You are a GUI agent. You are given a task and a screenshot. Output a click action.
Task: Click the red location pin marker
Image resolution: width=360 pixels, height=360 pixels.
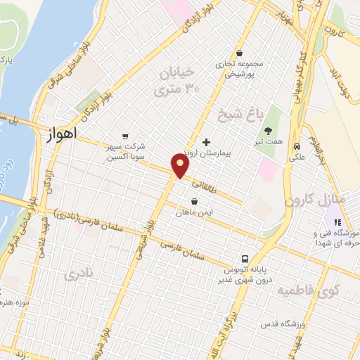point(181,165)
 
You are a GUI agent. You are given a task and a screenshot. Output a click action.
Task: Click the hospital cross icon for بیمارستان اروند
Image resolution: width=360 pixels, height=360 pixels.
point(205,142)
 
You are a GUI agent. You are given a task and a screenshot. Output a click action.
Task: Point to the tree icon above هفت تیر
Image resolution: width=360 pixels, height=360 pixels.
point(269,130)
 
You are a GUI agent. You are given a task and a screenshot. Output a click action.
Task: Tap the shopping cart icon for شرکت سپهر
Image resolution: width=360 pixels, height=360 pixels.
point(125,136)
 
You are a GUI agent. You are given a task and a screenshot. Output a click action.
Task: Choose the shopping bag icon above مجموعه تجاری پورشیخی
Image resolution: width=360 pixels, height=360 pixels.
point(240,53)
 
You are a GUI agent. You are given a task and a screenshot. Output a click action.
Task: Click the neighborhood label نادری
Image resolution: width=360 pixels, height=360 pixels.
point(77,276)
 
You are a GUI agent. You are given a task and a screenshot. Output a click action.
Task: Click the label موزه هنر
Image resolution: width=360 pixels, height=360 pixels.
point(18,302)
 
